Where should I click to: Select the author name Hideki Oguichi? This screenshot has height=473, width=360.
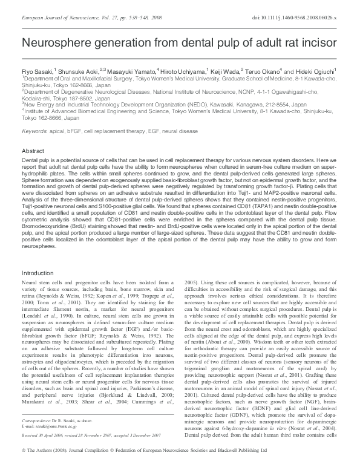pyautogui.click(x=313, y=71)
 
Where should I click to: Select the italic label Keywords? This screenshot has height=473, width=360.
pyautogui.click(x=36, y=131)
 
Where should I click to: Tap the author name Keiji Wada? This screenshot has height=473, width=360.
pyautogui.click(x=225, y=71)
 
